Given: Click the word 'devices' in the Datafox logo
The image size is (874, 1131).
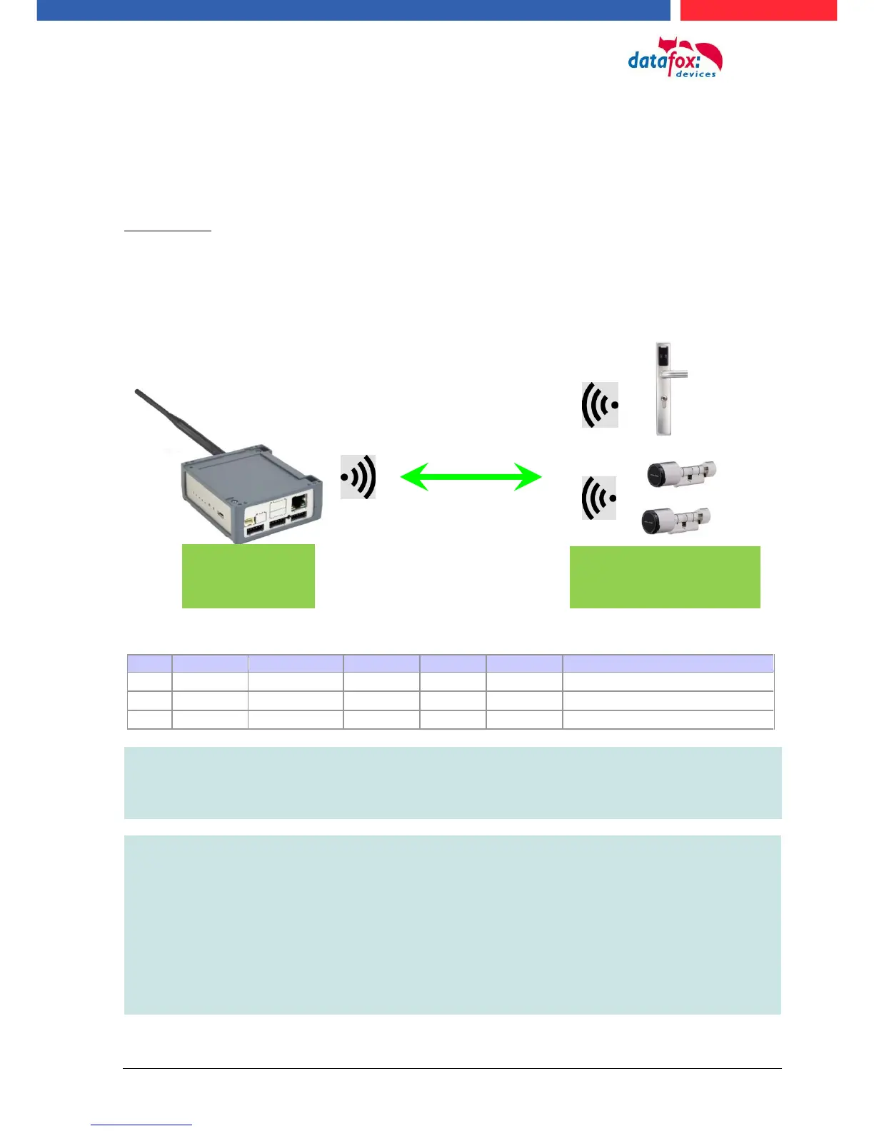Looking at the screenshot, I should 695,74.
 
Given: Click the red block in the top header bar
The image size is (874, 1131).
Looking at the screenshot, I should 758,10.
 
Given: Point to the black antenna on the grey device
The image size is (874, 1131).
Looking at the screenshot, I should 179,421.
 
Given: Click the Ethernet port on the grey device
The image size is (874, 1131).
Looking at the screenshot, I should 300,501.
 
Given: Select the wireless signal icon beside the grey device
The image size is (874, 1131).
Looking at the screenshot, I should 358,477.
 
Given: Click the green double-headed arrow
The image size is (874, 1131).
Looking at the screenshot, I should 471,476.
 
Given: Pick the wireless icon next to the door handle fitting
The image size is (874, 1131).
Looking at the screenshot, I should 600,405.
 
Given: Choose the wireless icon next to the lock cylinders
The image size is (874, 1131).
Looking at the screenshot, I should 599,498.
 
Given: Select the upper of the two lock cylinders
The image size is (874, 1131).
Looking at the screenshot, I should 680,473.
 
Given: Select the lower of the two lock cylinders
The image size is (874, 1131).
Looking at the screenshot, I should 675,521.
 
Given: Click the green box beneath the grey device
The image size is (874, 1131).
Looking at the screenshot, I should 248,575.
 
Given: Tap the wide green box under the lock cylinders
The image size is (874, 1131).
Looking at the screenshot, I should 665,577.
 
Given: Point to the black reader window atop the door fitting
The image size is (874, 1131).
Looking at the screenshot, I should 663,351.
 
